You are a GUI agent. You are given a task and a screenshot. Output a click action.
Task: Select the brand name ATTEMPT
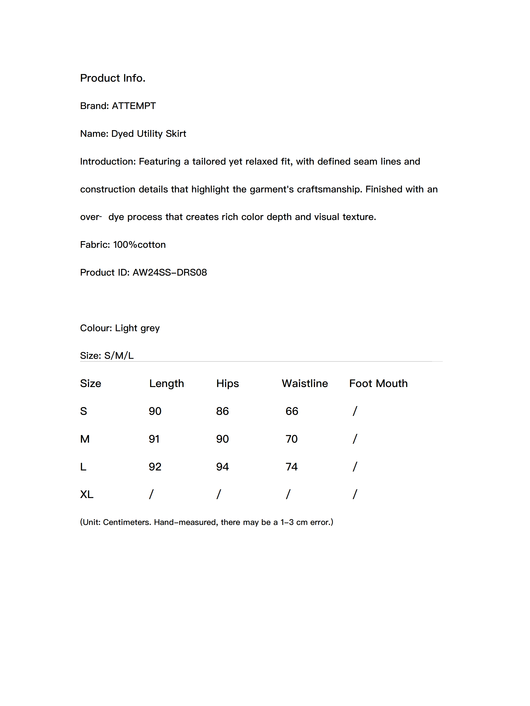(134, 106)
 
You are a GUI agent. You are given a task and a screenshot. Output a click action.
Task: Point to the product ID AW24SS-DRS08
(170, 272)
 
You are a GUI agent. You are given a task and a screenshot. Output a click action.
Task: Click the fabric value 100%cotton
(139, 245)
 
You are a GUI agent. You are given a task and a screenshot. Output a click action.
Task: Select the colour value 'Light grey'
(137, 328)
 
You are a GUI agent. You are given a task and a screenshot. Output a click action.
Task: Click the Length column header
(167, 383)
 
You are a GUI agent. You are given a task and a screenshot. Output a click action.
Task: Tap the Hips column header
(227, 383)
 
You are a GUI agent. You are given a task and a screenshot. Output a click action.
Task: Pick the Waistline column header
(305, 383)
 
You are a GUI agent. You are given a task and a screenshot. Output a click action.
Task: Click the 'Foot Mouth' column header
(378, 383)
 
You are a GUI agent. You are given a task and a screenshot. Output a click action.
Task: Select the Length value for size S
(155, 411)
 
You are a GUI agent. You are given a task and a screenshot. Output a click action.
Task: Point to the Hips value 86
(222, 411)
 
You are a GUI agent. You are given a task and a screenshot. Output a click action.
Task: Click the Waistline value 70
(291, 439)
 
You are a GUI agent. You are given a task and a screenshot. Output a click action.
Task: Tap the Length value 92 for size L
(155, 467)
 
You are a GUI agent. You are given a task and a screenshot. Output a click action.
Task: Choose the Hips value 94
(222, 467)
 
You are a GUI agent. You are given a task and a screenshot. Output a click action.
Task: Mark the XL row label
(87, 494)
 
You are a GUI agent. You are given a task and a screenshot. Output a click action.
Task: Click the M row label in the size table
(85, 439)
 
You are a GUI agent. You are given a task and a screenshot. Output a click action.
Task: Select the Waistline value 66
(292, 411)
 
